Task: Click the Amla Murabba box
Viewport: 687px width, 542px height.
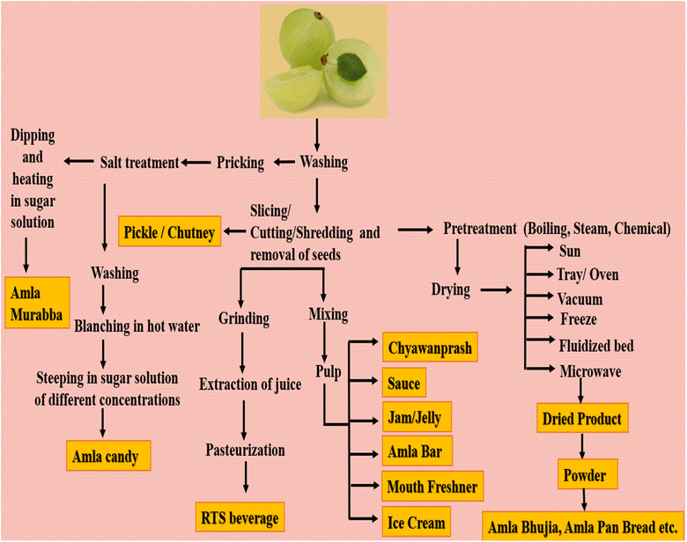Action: (39, 302)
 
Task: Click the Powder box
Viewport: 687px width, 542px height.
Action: (582, 476)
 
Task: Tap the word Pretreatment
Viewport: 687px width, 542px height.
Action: (477, 230)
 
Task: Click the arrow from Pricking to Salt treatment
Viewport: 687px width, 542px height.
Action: (198, 163)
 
